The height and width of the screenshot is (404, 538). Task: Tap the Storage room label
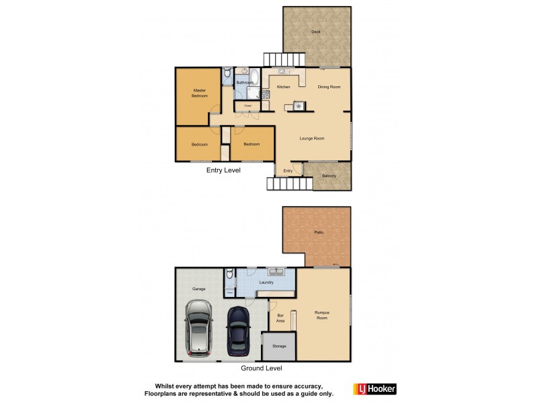[279, 346]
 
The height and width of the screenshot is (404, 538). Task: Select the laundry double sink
[276, 272]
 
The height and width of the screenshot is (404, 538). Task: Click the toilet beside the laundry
[230, 275]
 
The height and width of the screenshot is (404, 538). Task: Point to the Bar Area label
[280, 318]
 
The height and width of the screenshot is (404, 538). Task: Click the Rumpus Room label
[322, 315]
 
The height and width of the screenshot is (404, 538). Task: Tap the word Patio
[319, 232]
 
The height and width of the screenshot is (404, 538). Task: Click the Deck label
[315, 32]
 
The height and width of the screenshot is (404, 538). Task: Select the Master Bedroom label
[199, 93]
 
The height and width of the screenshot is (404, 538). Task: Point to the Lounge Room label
[312, 139]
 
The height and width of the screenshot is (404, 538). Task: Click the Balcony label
[329, 176]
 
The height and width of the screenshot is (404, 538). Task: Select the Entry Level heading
[223, 170]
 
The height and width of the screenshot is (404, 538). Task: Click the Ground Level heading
[262, 368]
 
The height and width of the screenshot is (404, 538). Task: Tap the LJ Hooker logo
[375, 389]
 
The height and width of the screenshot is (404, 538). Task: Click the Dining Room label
[329, 87]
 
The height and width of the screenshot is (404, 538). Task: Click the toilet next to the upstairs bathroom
[227, 73]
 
